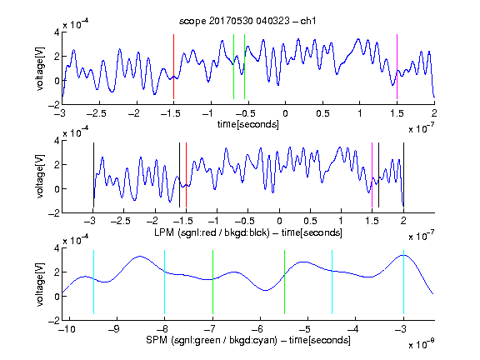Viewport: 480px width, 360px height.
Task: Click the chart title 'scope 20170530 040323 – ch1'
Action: point(247,21)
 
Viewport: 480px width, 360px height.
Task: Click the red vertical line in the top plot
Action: point(173,67)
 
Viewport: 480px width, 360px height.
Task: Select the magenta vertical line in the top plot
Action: point(397,67)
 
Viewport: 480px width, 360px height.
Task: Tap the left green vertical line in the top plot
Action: point(233,67)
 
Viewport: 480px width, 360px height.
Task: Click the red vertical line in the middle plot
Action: point(186,175)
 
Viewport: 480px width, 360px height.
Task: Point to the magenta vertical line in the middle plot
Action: point(372,175)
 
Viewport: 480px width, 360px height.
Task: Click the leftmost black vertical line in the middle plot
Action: point(93,175)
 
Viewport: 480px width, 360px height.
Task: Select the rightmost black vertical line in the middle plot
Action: point(403,175)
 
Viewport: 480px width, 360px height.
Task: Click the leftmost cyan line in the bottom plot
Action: point(93,282)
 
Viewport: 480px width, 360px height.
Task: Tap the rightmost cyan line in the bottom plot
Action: point(403,282)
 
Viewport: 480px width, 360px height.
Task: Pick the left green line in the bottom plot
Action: point(212,282)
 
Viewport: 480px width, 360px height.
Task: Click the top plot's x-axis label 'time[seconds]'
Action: point(248,124)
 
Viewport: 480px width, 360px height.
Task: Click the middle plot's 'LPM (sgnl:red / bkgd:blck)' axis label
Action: point(212,232)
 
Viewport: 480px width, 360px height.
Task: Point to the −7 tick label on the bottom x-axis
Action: point(210,329)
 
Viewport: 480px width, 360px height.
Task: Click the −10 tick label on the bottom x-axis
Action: point(67,329)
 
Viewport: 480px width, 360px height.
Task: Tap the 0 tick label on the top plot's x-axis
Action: point(285,113)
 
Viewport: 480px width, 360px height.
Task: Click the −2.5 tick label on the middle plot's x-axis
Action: point(121,221)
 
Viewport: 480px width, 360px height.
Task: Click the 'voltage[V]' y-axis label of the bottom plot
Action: point(40,284)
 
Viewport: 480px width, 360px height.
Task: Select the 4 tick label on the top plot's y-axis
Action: point(57,32)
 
